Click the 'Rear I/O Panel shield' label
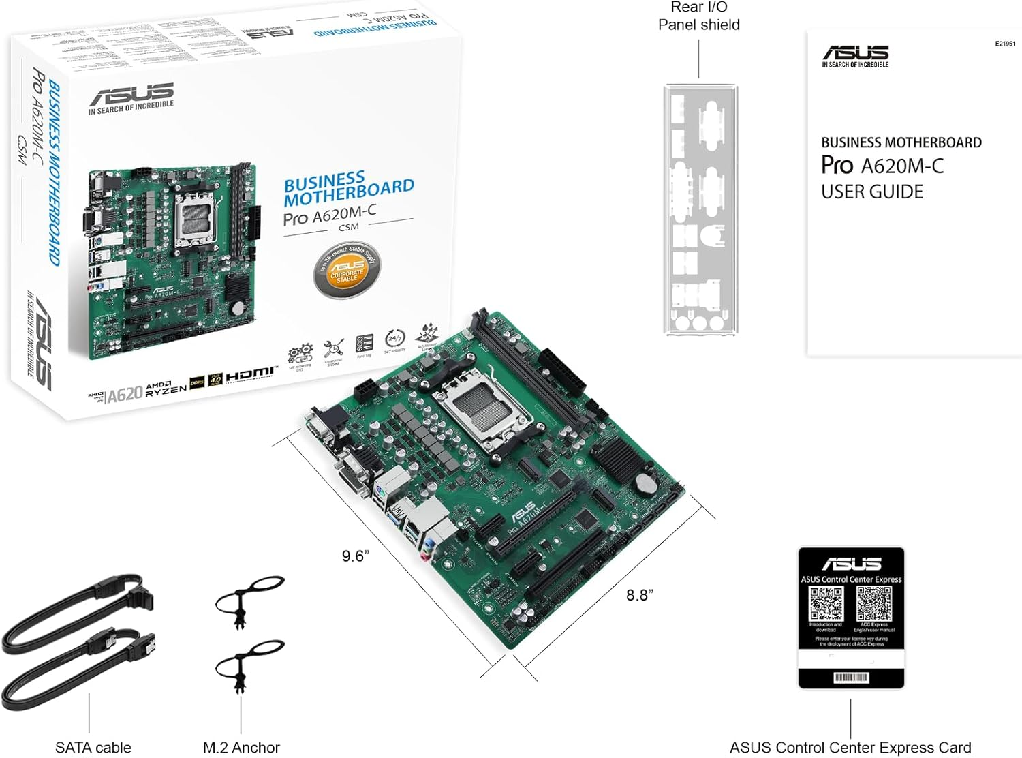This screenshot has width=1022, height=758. [698, 16]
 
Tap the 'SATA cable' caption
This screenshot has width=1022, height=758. [93, 747]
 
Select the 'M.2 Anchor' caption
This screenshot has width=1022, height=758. [241, 747]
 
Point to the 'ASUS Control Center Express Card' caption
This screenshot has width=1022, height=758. [850, 747]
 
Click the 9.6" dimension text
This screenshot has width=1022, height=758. [356, 556]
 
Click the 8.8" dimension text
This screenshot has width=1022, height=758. [640, 595]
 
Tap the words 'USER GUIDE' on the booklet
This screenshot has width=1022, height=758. [871, 192]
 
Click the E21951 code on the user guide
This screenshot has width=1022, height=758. [1004, 44]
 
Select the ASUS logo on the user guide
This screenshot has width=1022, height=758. [855, 53]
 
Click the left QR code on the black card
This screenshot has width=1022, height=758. [826, 603]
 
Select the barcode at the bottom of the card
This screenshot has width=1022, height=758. [851, 677]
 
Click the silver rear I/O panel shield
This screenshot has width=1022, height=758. [700, 210]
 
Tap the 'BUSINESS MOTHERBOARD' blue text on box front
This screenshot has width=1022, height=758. [348, 189]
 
